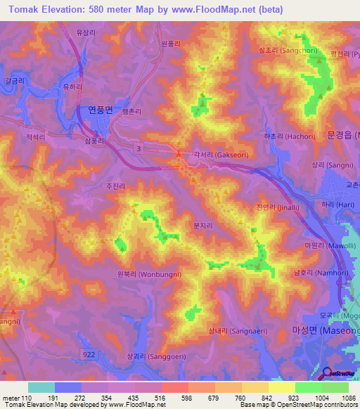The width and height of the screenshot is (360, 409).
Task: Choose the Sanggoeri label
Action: click(146, 356)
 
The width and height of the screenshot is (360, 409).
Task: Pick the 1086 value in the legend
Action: click(347, 398)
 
